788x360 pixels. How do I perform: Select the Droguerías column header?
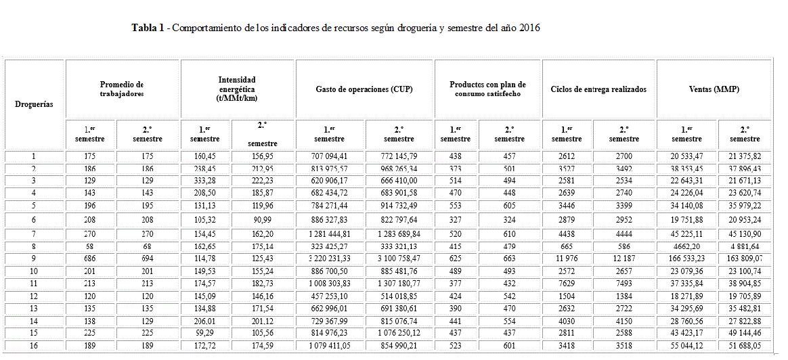35,104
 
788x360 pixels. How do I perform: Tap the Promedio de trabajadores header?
122,89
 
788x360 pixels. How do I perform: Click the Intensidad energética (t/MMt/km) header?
237,89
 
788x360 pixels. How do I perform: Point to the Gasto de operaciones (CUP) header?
364,89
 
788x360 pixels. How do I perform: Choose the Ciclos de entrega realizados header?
598,89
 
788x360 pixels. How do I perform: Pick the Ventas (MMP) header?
713,89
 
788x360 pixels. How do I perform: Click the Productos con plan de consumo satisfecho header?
487,89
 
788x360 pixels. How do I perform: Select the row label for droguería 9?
35,258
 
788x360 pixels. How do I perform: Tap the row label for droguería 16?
35,346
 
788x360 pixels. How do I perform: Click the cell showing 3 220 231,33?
331,258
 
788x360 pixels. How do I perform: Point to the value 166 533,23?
686,258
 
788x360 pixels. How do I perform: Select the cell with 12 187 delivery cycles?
623,258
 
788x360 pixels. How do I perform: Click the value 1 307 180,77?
399,283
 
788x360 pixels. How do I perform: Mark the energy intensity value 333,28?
206,181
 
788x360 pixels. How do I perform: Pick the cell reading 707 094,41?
331,156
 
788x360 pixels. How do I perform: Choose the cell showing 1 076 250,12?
399,333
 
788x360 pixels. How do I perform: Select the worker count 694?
148,258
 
